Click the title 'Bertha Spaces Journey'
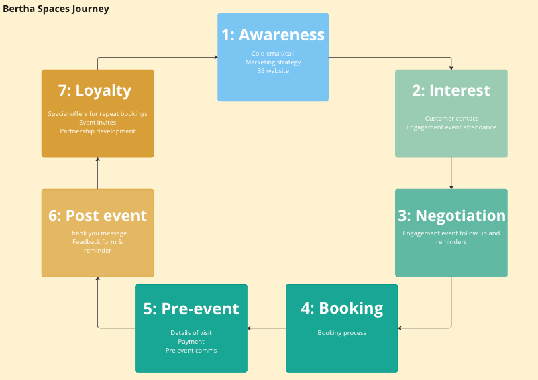(56, 9)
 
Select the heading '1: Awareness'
(273, 35)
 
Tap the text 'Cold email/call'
(273, 54)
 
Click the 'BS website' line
(273, 71)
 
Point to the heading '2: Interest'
(451, 90)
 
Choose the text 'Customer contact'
(451, 119)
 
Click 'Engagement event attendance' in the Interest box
(451, 127)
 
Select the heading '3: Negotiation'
(452, 216)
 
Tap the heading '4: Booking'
(342, 308)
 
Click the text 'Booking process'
(341, 333)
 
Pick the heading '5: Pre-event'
(191, 309)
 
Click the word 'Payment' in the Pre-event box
(191, 342)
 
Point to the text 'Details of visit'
(191, 333)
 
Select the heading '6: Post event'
(98, 216)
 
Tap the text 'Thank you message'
(98, 233)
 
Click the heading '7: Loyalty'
(95, 90)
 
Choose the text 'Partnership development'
(98, 131)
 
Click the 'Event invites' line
(98, 123)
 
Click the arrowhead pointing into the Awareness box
(216, 57)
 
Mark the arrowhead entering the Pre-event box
(249, 328)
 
